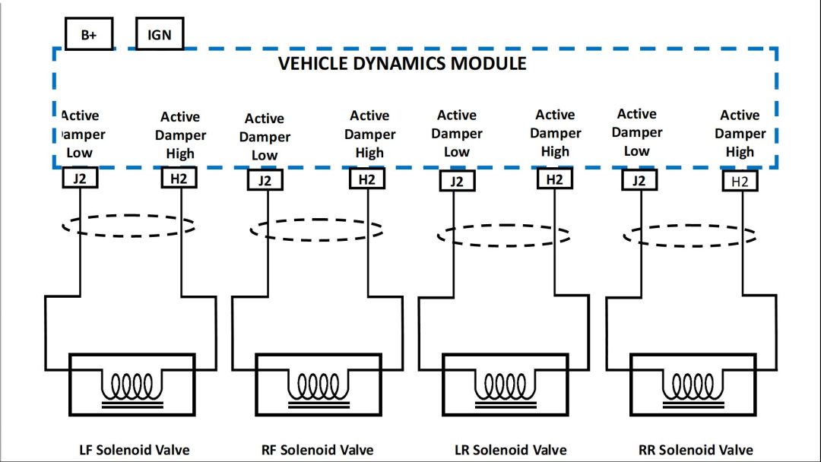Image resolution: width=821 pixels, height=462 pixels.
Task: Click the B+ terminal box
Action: click(x=89, y=35)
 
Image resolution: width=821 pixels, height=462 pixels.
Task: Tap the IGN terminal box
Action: click(x=160, y=34)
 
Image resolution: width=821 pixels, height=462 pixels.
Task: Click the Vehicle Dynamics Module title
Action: click(x=402, y=63)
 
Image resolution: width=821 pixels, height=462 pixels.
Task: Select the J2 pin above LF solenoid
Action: click(x=80, y=179)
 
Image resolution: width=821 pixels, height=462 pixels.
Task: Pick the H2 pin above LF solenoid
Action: click(x=180, y=179)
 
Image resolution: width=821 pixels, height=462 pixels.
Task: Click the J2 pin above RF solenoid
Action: click(x=265, y=181)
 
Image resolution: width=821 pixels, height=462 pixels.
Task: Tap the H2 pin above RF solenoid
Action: click(x=367, y=179)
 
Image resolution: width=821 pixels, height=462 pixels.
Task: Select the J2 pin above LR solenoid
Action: click(x=456, y=181)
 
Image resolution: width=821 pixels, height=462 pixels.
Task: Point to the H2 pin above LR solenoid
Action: click(x=555, y=179)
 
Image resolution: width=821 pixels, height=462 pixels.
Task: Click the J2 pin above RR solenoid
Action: click(x=639, y=180)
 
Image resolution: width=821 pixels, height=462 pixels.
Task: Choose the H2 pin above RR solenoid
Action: click(x=740, y=181)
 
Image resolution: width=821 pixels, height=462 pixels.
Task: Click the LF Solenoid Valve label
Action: click(x=135, y=449)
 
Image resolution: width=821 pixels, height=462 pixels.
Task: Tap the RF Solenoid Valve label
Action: click(x=318, y=449)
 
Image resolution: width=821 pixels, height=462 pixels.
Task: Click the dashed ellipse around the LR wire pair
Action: click(x=503, y=235)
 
